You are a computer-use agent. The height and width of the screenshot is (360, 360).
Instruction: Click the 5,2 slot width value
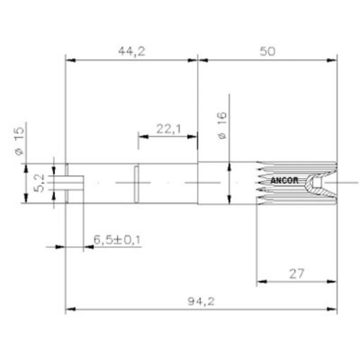[x=41, y=184]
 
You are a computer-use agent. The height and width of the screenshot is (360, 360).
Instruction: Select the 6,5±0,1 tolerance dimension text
[x=117, y=240]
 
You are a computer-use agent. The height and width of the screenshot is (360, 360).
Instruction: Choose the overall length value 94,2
[x=202, y=301]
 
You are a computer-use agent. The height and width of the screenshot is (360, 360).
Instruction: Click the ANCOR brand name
[x=286, y=180]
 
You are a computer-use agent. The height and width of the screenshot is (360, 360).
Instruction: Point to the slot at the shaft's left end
[x=74, y=184]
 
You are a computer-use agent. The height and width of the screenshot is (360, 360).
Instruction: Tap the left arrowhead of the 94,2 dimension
[x=69, y=309]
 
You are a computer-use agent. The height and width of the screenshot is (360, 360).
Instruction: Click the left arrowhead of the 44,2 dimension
[x=69, y=61]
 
